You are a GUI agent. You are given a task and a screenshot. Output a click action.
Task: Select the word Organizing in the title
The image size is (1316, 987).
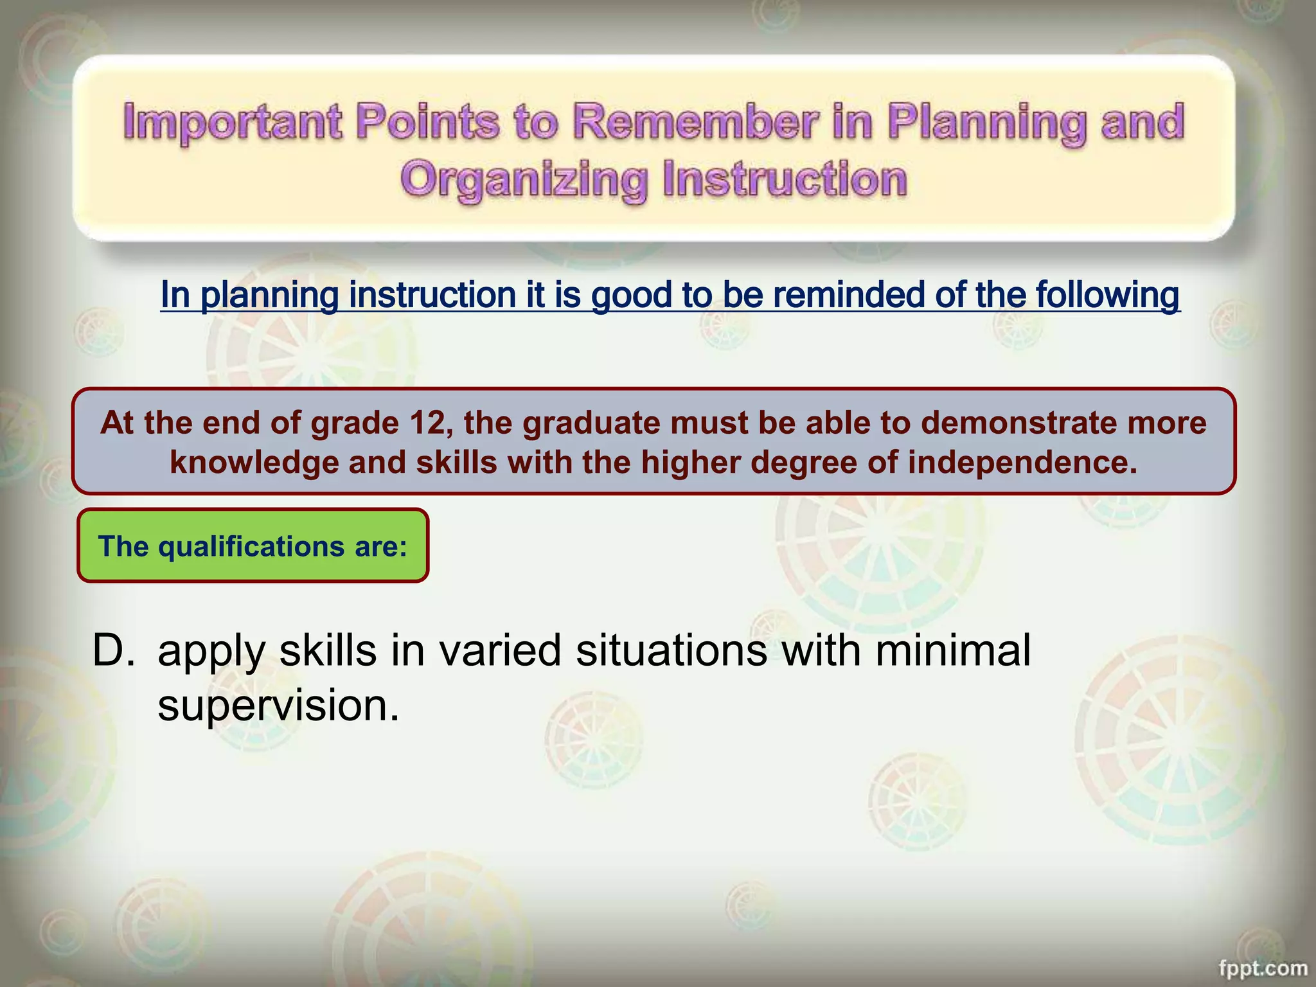(524, 180)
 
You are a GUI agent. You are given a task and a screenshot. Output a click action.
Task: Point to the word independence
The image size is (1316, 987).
(1022, 462)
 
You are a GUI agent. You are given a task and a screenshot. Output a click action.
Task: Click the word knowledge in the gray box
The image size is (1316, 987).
(254, 463)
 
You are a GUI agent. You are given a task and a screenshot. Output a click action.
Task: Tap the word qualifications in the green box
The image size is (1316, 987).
(252, 546)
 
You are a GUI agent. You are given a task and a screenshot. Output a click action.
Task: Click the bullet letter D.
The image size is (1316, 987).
(114, 650)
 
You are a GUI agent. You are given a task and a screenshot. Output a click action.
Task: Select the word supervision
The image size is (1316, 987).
(278, 705)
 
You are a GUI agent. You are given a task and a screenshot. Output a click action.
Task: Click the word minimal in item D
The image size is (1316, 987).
(952, 650)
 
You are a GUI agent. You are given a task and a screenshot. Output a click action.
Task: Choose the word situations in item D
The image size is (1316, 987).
(671, 650)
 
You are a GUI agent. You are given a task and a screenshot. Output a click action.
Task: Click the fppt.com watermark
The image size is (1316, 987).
(1263, 968)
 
